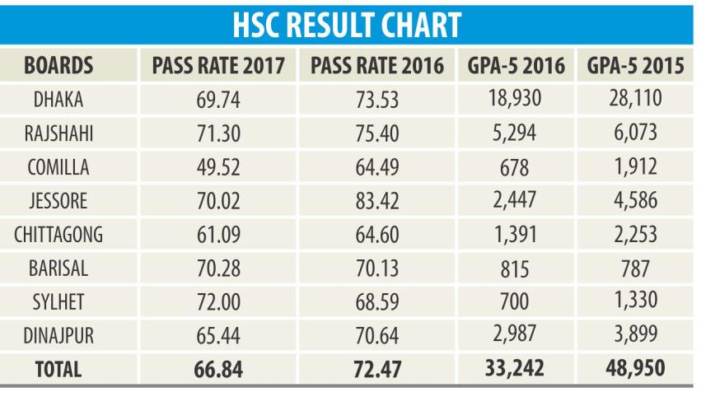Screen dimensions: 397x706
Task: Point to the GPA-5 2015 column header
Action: pyautogui.click(x=635, y=65)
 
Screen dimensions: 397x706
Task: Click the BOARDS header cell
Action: pyautogui.click(x=58, y=65)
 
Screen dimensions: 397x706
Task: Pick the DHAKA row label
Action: pyautogui.click(x=58, y=100)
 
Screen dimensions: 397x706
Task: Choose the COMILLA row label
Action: pyautogui.click(x=58, y=167)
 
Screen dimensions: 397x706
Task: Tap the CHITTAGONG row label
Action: pyautogui.click(x=58, y=236)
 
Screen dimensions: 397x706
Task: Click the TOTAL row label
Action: pyautogui.click(x=58, y=370)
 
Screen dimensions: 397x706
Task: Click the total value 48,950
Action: pyautogui.click(x=635, y=369)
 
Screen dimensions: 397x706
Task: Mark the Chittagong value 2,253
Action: pyautogui.click(x=635, y=235)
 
